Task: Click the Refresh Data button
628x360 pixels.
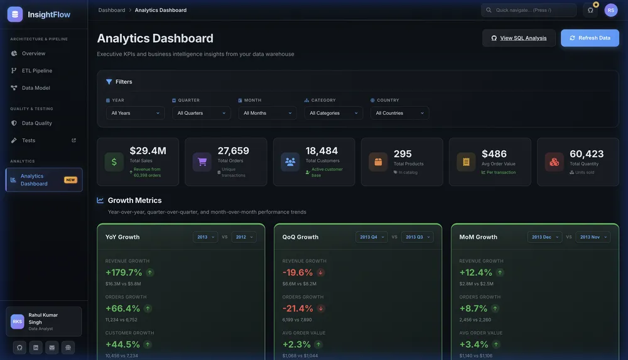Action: pyautogui.click(x=590, y=38)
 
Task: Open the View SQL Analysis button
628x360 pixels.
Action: pyautogui.click(x=519, y=38)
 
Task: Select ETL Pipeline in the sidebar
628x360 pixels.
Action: pyautogui.click(x=37, y=71)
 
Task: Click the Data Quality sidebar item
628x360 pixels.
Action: pyautogui.click(x=37, y=123)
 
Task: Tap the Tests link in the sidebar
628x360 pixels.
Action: pyautogui.click(x=29, y=140)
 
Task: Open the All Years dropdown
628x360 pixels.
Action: pyautogui.click(x=135, y=113)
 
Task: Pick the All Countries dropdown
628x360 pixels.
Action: pyautogui.click(x=399, y=113)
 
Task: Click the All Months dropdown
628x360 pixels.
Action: pyautogui.click(x=267, y=113)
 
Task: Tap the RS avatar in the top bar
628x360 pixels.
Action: pyautogui.click(x=611, y=10)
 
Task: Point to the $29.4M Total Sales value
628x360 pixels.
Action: pyautogui.click(x=148, y=151)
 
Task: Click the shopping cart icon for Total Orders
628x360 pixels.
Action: pyautogui.click(x=202, y=161)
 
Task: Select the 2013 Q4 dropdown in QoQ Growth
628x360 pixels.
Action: pyautogui.click(x=371, y=237)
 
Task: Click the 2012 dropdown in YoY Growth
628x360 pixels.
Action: pyautogui.click(x=244, y=237)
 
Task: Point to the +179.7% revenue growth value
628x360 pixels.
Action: pyautogui.click(x=124, y=273)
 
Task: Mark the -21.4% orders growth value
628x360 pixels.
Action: pyautogui.click(x=298, y=308)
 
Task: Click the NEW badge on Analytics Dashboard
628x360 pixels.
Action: pyautogui.click(x=70, y=180)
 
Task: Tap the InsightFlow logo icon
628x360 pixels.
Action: pyautogui.click(x=15, y=14)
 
